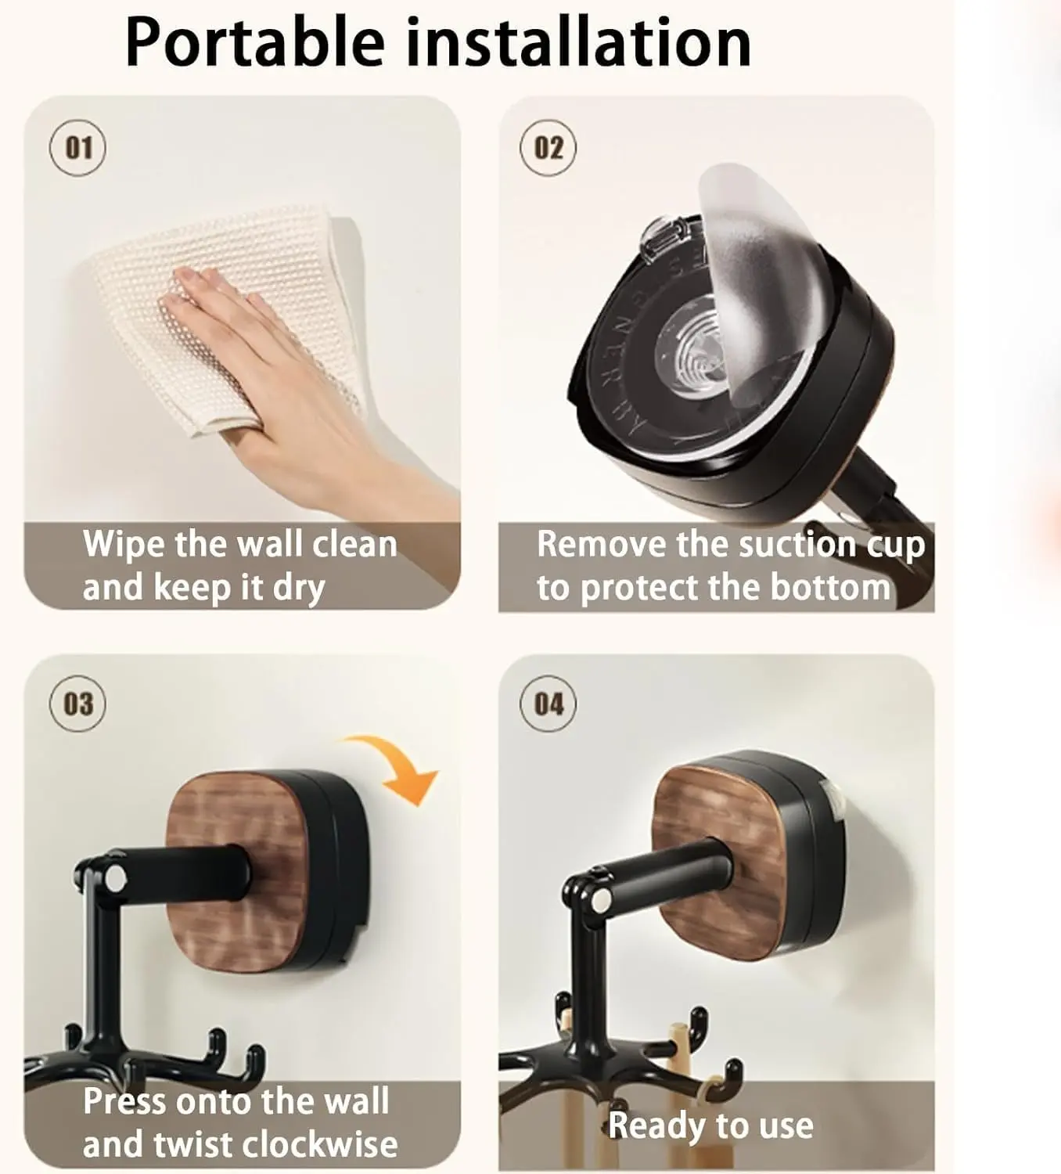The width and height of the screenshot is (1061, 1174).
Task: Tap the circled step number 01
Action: coord(78,147)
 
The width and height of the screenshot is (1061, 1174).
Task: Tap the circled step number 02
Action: coord(548,147)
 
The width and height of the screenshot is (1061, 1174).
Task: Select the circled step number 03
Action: coord(78,704)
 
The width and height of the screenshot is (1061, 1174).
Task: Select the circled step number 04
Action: coord(548,704)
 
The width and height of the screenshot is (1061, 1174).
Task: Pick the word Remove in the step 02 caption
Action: coord(602,544)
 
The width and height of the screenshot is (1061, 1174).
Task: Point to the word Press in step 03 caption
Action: coord(126,1101)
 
